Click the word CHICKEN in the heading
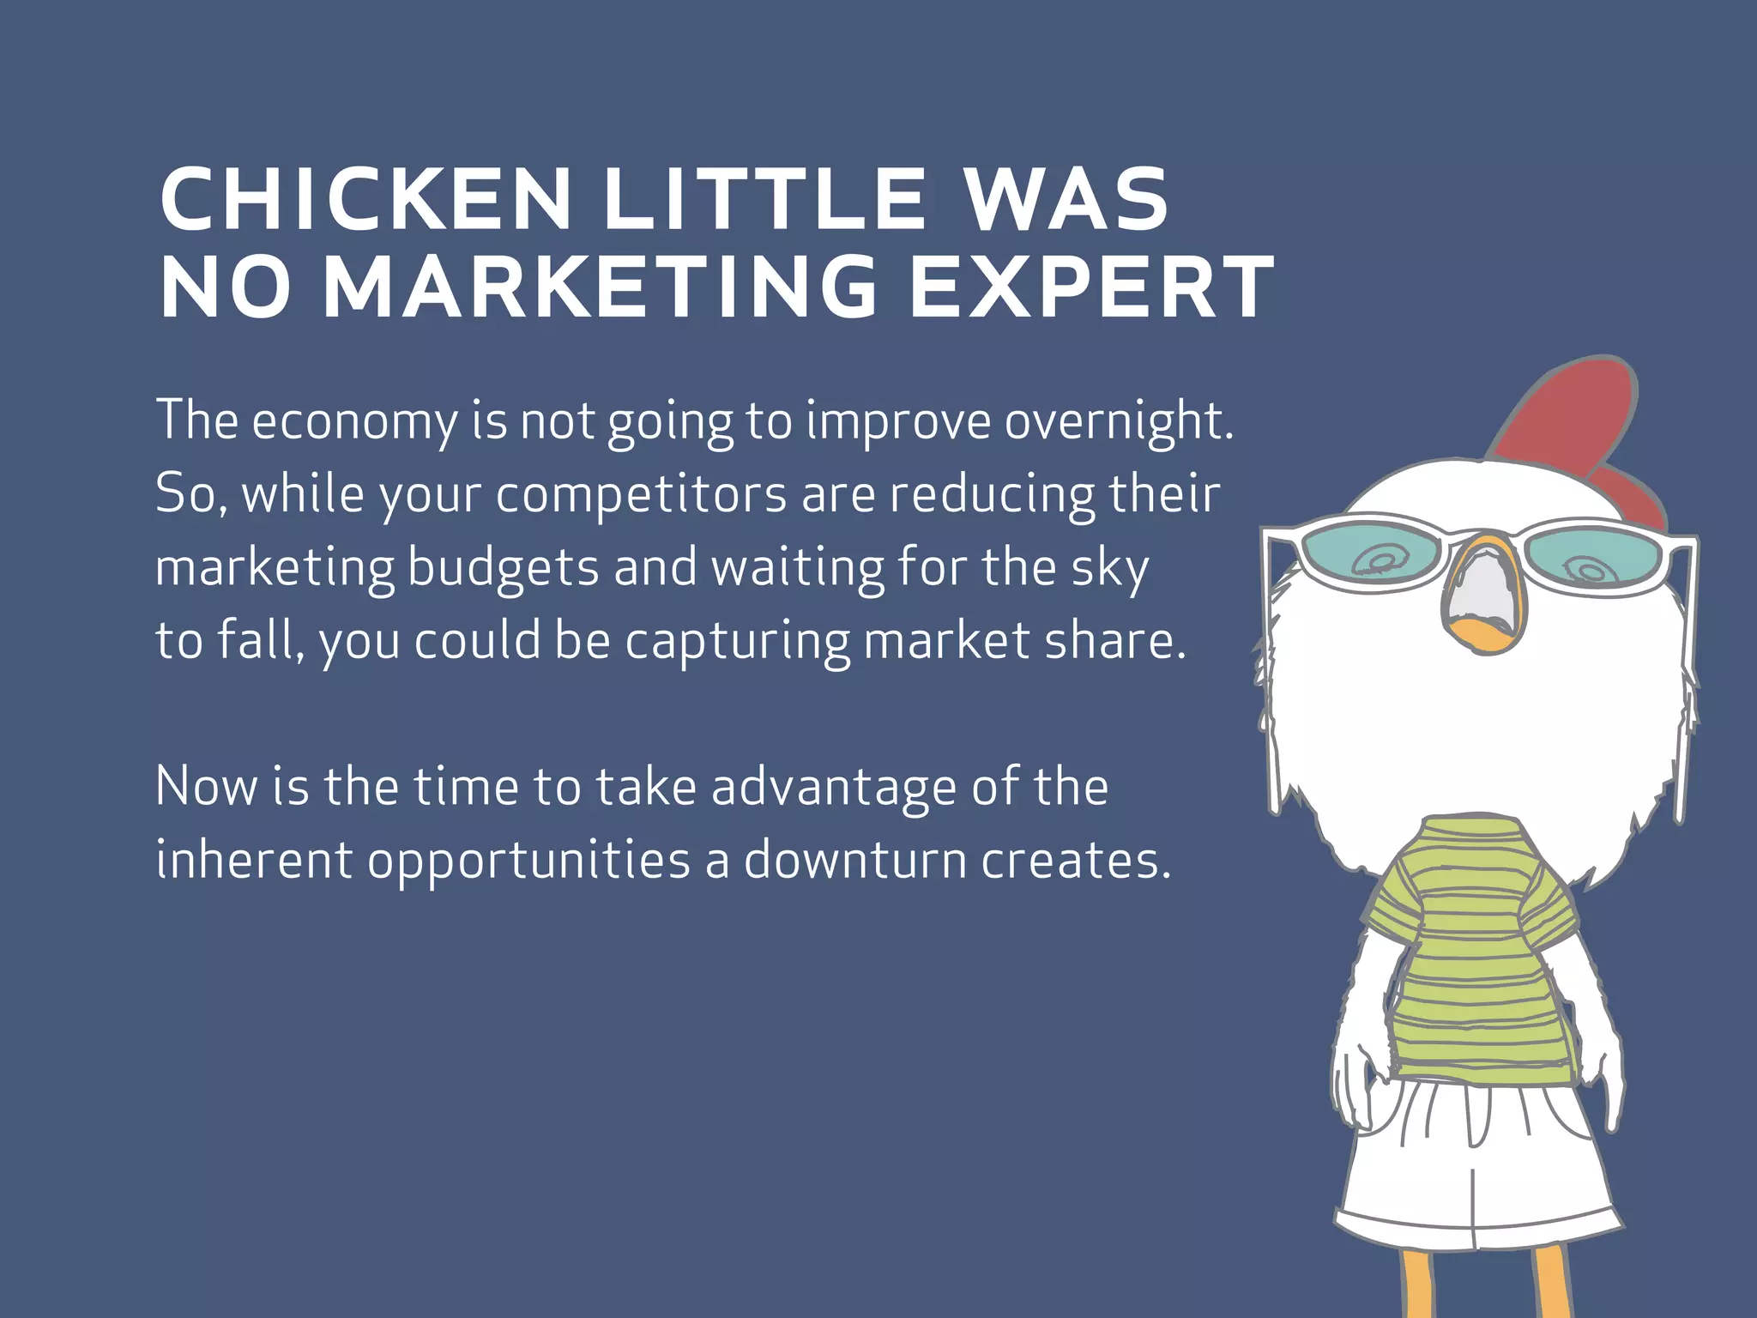click(x=365, y=199)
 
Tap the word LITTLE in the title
click(x=764, y=199)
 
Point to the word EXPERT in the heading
click(x=1091, y=287)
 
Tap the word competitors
click(x=641, y=495)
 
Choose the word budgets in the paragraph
click(x=503, y=568)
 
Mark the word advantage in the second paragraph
click(x=833, y=788)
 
